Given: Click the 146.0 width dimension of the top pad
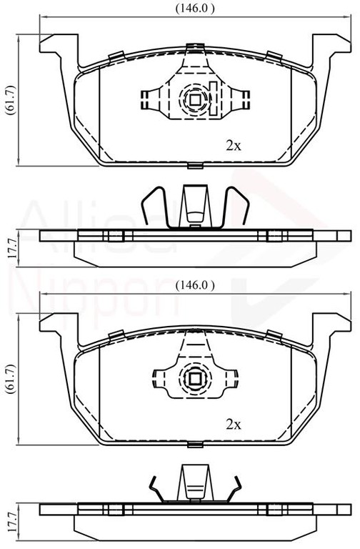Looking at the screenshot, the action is click(195, 9).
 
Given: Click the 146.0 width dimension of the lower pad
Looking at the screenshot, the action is click(195, 285).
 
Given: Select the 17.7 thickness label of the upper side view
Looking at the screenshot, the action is click(12, 247).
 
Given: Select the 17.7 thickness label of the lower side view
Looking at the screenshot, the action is click(12, 523).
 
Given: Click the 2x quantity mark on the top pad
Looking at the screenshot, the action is click(234, 146).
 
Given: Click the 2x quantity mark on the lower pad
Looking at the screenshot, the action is click(234, 425).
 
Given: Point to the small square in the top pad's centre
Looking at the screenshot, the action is click(195, 100).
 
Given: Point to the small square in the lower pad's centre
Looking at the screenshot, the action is click(194, 378).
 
